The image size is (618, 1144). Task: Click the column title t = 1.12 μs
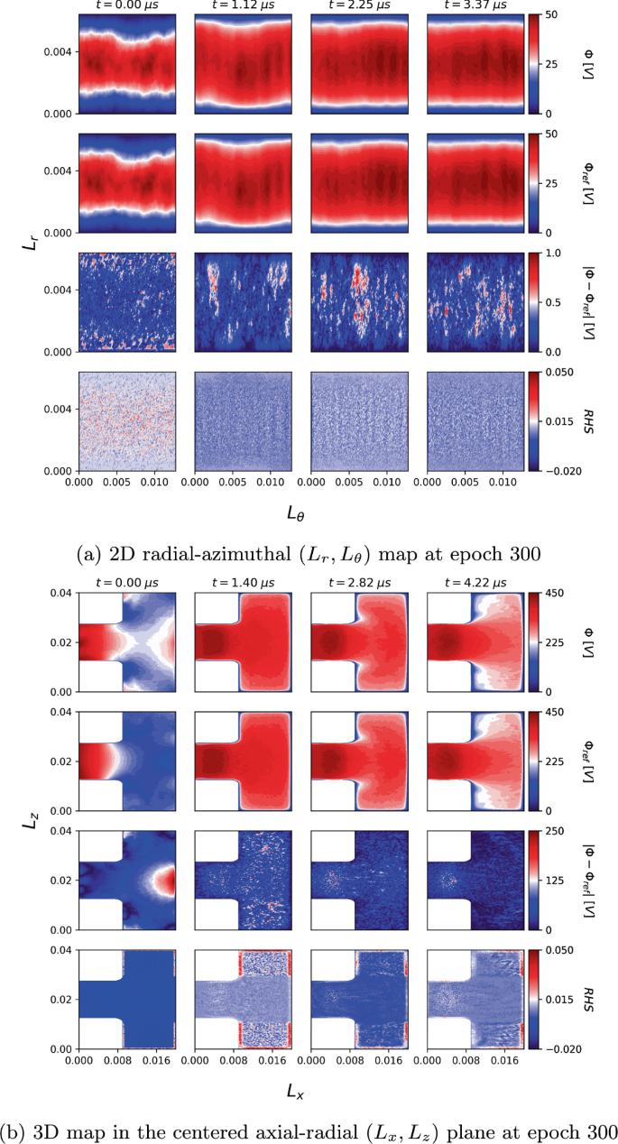pos(241,5)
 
